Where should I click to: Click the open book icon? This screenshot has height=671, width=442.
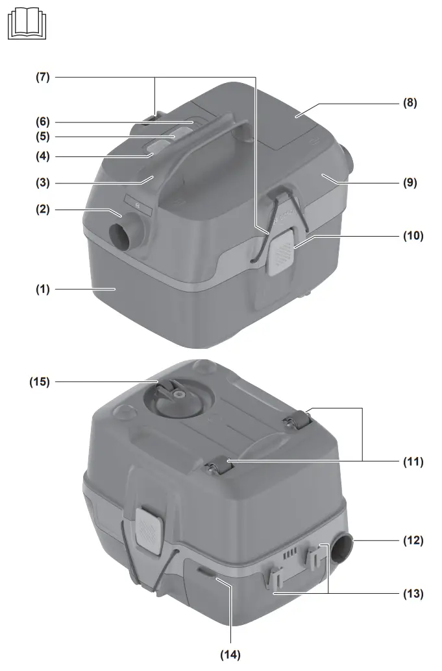coord(27,25)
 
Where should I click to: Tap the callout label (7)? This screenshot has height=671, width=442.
coord(43,77)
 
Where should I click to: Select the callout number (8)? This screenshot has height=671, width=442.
coord(410,102)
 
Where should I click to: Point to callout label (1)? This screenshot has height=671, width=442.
coord(43,289)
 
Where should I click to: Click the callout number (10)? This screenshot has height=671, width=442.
coord(413,236)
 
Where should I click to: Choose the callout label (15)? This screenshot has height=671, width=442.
coord(40,382)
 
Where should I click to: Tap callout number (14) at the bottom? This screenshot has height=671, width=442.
coord(230,655)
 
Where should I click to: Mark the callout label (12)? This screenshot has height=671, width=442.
coord(413,541)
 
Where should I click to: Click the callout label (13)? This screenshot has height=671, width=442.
coord(413,594)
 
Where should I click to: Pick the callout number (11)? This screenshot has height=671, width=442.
coord(413,462)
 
